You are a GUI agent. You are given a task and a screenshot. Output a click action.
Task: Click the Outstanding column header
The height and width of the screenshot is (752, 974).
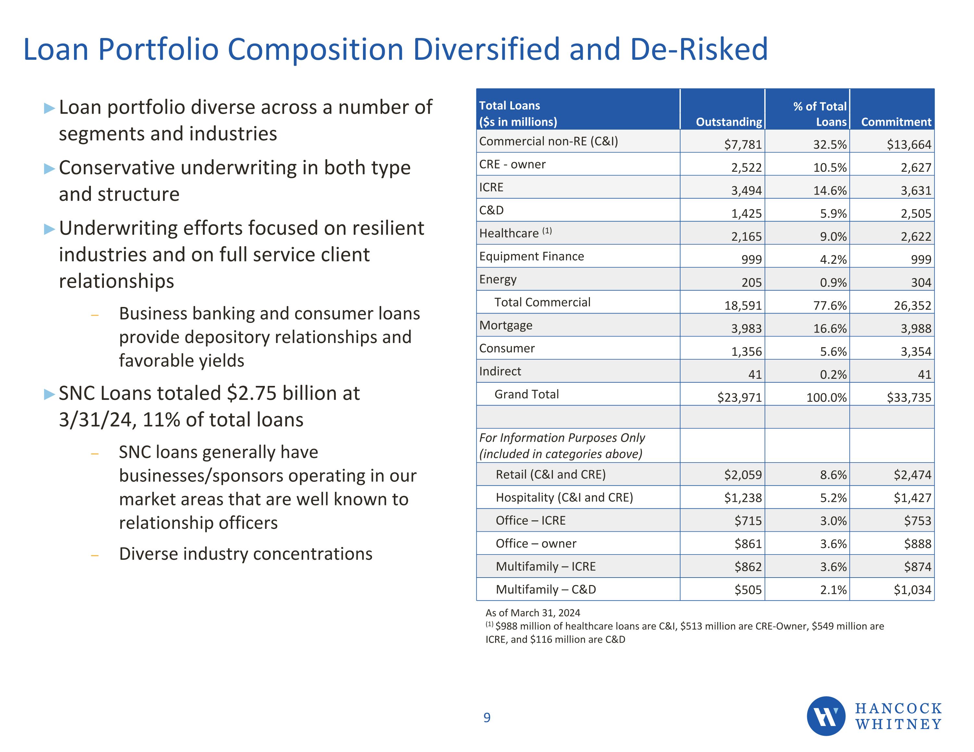click(729, 122)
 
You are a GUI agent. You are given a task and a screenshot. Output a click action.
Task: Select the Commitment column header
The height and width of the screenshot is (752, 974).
click(896, 122)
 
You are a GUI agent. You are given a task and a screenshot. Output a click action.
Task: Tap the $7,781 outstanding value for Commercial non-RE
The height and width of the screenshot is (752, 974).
click(743, 145)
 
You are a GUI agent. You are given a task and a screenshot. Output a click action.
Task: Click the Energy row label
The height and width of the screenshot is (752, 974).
click(498, 279)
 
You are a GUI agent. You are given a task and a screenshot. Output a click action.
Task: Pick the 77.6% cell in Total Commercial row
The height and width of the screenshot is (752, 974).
click(830, 306)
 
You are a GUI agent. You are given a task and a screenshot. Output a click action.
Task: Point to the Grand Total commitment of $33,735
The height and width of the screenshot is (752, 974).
click(909, 397)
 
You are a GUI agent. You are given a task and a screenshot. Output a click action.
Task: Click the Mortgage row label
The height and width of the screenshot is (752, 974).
click(506, 325)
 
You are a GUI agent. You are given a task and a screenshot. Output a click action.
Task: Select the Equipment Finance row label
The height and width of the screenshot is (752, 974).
click(531, 256)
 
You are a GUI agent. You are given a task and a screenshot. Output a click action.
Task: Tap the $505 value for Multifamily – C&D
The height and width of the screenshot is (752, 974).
click(748, 590)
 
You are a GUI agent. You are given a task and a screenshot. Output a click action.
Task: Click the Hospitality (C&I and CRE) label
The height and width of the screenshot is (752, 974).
click(564, 498)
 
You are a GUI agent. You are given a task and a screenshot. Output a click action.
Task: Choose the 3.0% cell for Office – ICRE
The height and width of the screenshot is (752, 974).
click(833, 521)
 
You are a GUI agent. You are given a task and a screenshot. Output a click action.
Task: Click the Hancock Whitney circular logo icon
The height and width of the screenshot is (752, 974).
click(826, 716)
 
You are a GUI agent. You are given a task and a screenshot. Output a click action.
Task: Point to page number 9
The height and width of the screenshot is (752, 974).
click(487, 718)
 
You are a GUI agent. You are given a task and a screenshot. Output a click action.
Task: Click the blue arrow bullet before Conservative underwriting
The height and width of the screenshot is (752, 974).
click(49, 169)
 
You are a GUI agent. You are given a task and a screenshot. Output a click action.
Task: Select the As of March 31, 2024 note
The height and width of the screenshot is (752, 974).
click(532, 613)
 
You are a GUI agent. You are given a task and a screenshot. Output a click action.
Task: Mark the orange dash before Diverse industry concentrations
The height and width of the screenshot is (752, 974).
click(94, 555)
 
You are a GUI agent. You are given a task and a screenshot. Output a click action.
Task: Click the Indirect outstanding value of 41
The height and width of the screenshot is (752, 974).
click(755, 375)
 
